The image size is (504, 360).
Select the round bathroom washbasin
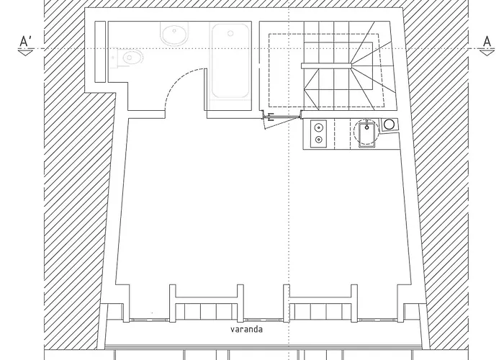point(173,35)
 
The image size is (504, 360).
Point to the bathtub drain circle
point(230,32)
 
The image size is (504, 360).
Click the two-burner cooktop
point(319,132)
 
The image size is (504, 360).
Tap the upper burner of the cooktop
point(319,127)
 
